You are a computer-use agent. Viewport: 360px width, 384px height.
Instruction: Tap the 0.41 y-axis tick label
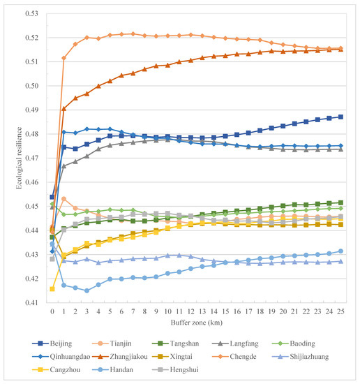click(x=31, y=303)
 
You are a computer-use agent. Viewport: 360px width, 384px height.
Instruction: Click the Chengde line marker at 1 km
click(x=63, y=58)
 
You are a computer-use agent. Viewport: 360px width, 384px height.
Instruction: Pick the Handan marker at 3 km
click(x=87, y=290)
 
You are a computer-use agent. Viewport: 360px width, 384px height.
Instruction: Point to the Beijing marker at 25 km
click(x=340, y=117)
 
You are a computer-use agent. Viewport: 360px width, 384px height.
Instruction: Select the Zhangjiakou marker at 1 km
click(x=63, y=108)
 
